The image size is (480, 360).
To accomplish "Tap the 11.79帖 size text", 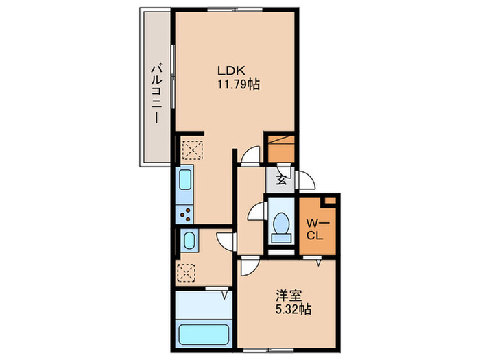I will coord(237,85).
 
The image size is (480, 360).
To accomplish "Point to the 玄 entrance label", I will coord(281,181).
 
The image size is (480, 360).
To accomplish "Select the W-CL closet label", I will coord(315,228).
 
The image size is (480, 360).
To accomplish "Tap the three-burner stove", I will coord(187,215).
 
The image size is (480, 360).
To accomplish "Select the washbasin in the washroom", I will coord(189,240).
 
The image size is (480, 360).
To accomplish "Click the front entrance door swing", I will coord(305,182).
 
